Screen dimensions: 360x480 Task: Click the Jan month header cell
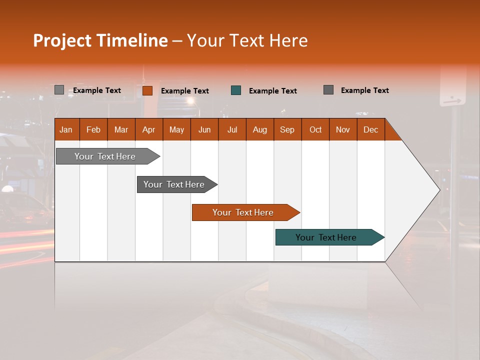[66, 129]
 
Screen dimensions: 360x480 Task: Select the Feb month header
[93, 129]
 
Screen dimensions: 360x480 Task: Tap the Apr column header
[149, 129]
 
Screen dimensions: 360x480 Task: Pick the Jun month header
[204, 129]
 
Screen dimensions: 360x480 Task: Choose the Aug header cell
[260, 129]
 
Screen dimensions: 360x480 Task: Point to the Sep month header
[287, 129]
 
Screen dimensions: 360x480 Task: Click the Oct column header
[315, 129]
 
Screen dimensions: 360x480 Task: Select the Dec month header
[371, 129]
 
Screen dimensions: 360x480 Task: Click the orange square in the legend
[147, 90]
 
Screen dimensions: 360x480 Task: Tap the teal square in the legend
[236, 90]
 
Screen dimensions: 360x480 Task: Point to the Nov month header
[343, 129]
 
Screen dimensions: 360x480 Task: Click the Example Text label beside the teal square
[272, 91]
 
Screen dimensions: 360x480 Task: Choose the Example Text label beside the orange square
[184, 91]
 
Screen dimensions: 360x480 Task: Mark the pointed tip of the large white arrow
[439, 190]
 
